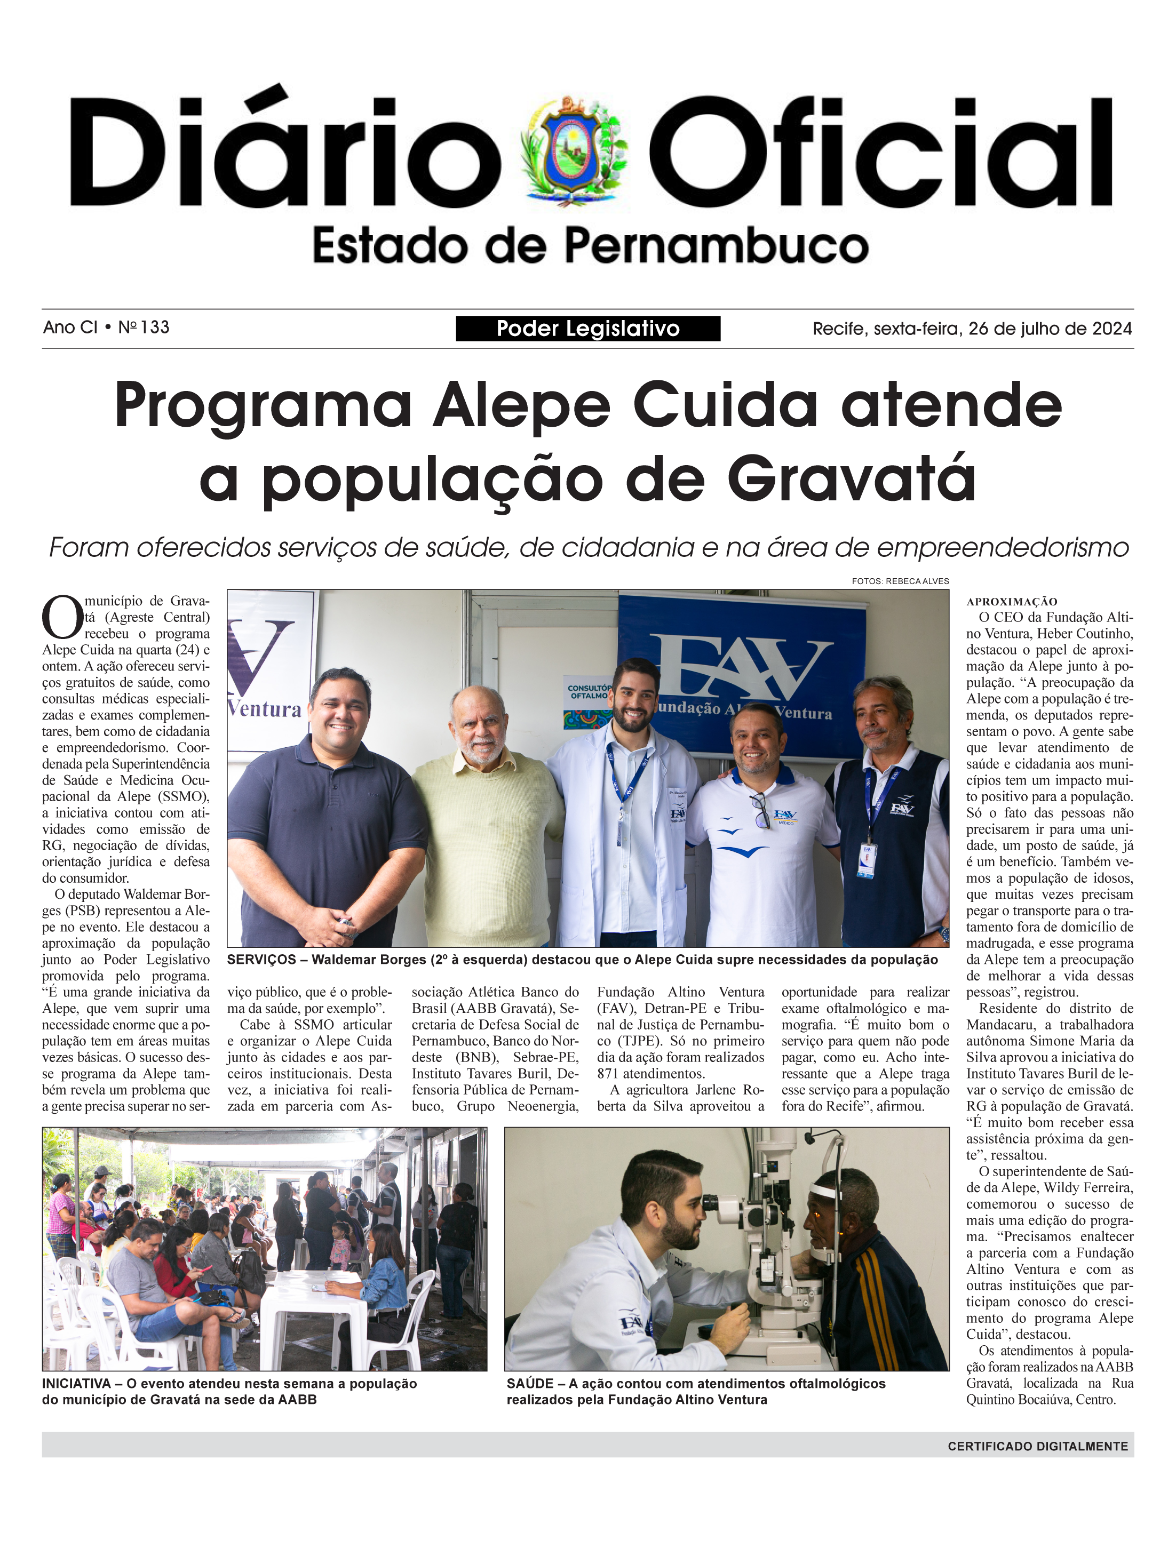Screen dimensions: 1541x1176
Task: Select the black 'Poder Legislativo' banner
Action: [587, 328]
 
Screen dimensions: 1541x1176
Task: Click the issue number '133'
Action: [155, 327]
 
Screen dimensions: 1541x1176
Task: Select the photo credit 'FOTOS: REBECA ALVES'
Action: [900, 581]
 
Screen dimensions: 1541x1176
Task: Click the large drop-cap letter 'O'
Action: [62, 617]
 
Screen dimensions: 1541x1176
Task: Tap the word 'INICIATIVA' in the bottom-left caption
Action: [76, 1384]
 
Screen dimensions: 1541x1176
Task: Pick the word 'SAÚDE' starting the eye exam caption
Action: [530, 1384]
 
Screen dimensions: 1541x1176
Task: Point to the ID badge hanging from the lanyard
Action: [867, 859]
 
